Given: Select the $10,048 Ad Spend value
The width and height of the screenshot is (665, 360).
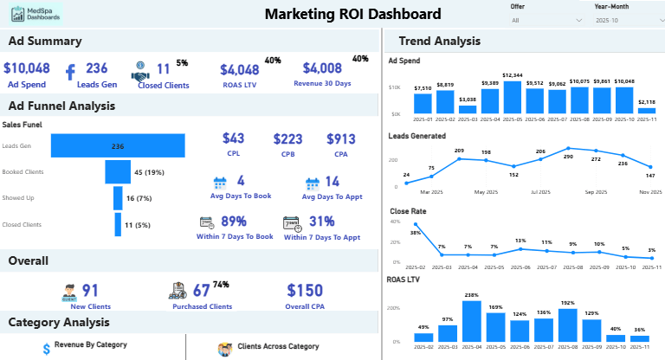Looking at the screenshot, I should click(27, 68).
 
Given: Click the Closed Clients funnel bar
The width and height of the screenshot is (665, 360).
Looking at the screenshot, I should click(118, 224).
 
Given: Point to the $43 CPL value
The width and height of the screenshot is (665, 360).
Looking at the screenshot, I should click(234, 138).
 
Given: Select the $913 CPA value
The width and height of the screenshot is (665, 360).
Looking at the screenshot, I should click(340, 138).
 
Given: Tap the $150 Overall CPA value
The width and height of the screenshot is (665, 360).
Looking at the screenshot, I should click(304, 290).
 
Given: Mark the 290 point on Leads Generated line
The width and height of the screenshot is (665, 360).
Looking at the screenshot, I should click(568, 149).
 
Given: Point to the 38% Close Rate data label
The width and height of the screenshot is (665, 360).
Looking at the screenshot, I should click(416, 233).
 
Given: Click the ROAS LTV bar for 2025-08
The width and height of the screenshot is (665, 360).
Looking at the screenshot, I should click(568, 325).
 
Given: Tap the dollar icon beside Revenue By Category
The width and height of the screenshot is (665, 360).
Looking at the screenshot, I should click(46, 348).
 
